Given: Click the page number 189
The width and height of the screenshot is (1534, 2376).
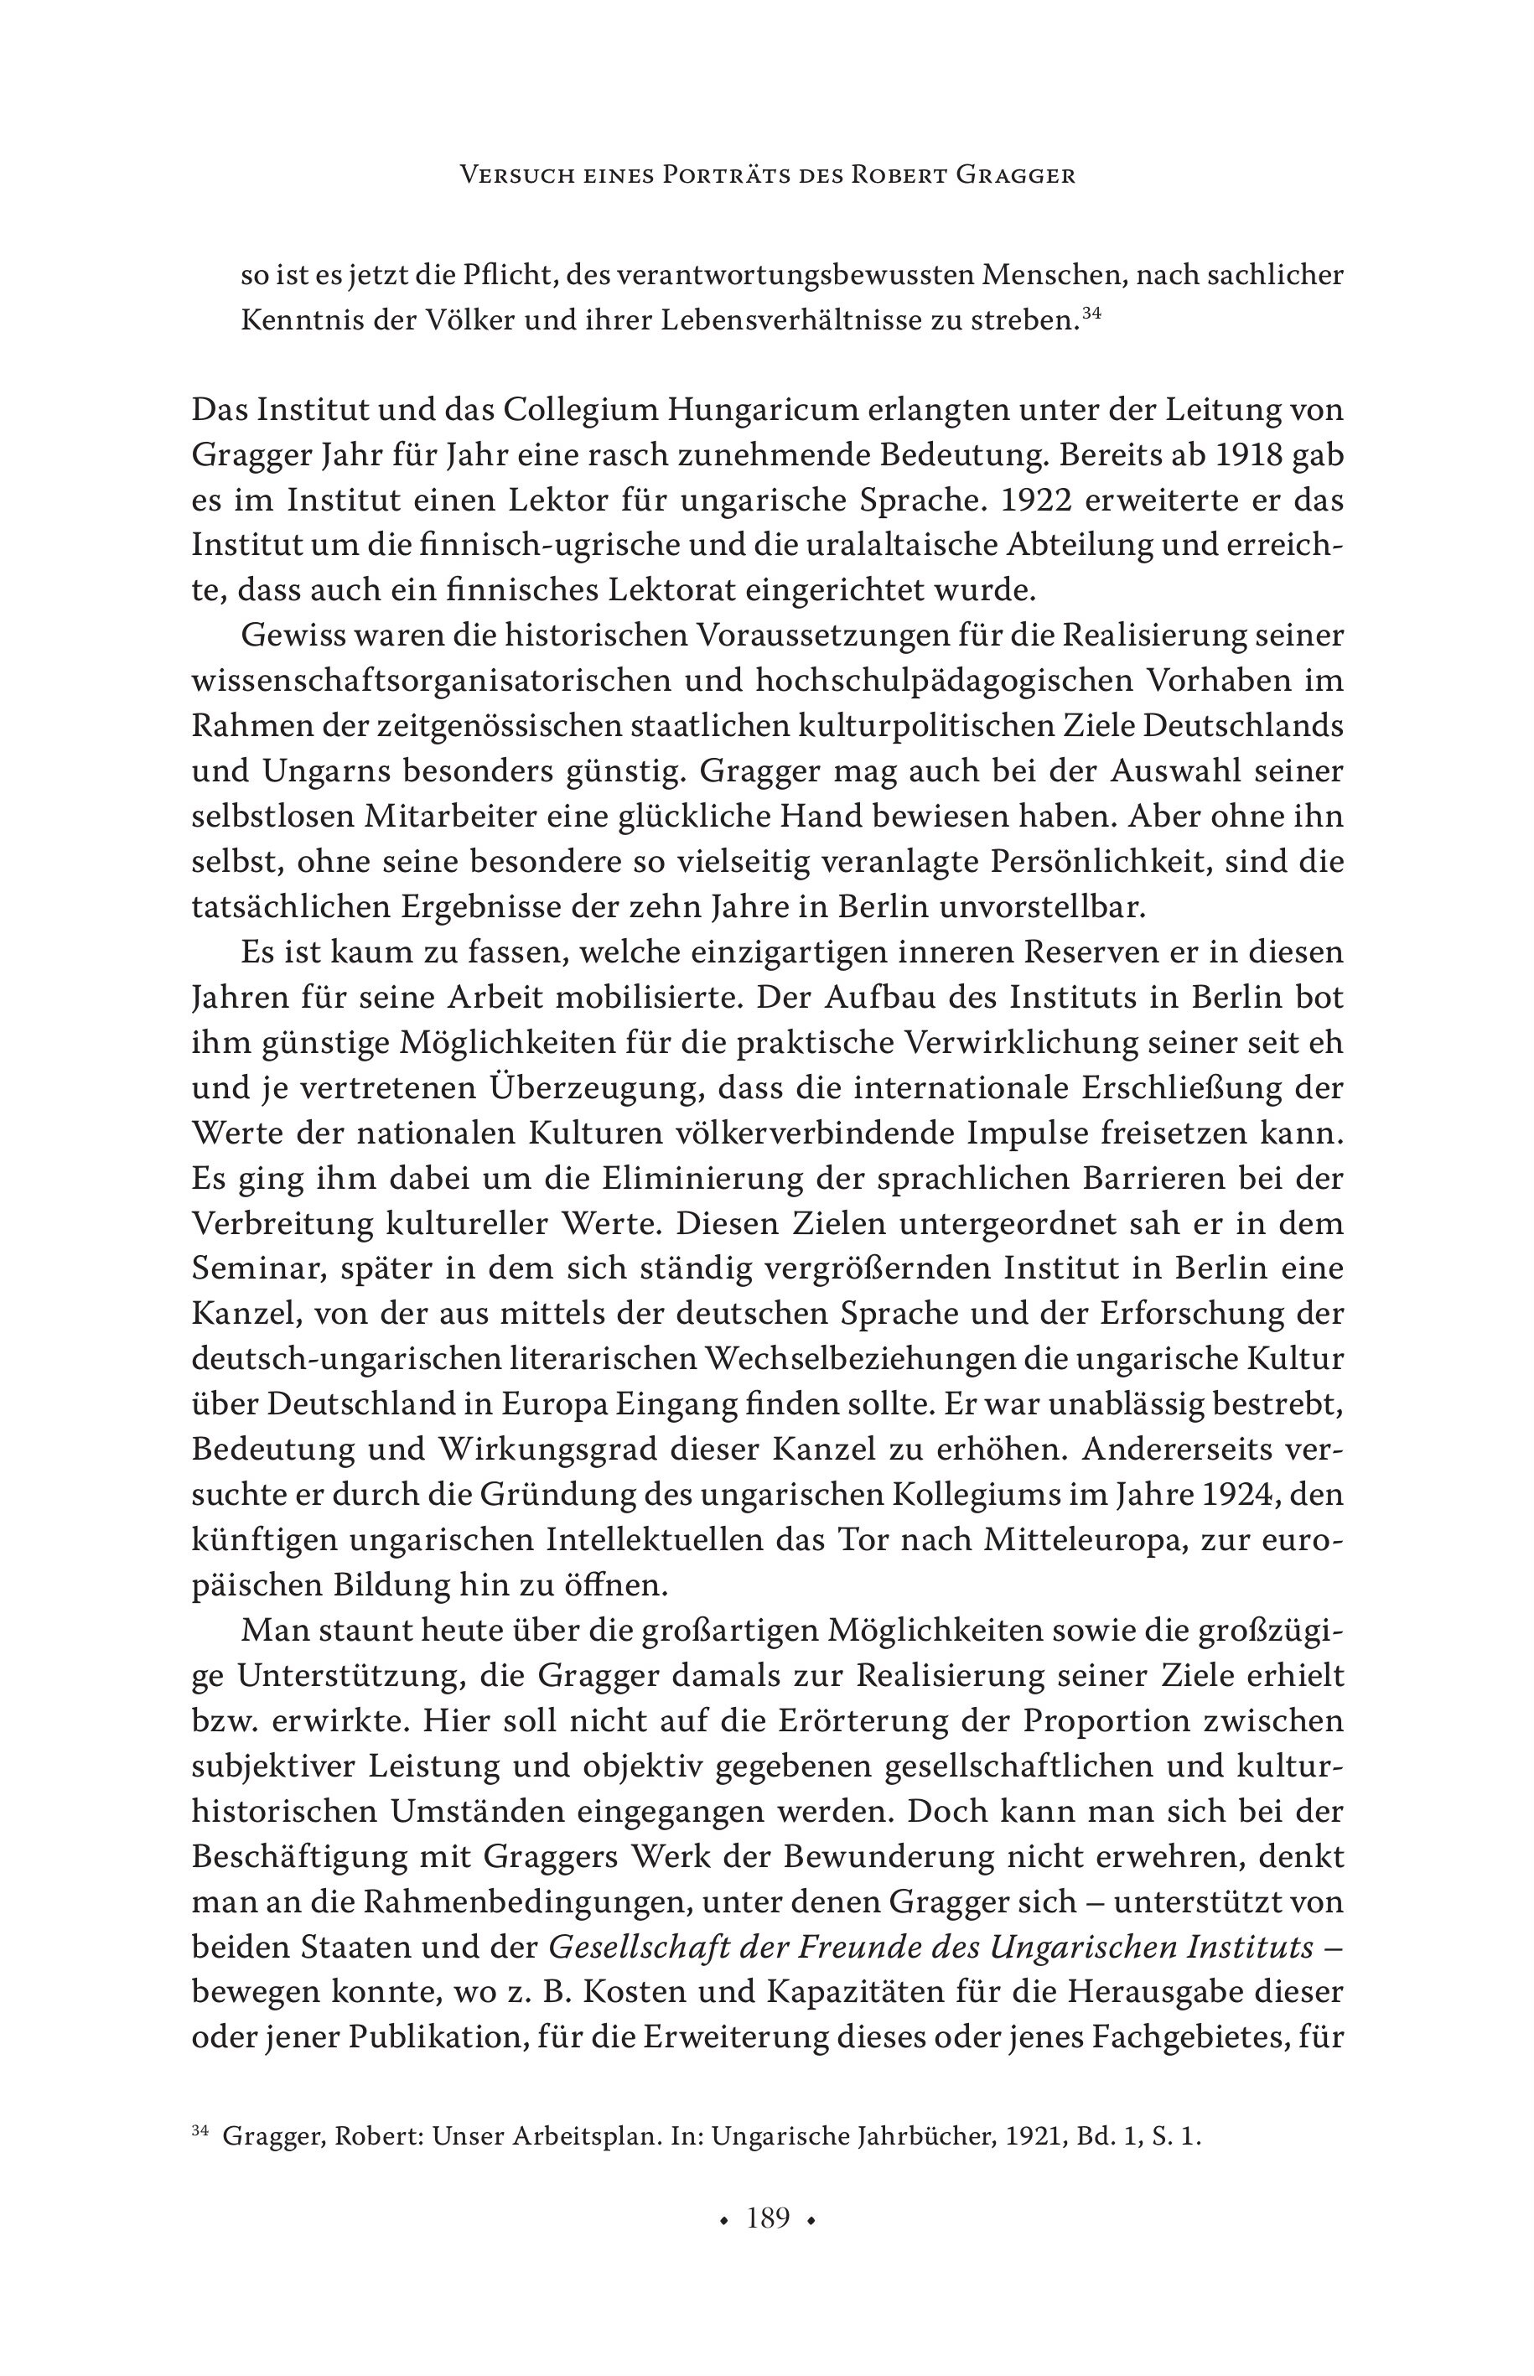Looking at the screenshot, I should [x=768, y=2218].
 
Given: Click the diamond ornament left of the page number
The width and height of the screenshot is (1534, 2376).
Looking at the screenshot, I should [x=723, y=2219].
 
